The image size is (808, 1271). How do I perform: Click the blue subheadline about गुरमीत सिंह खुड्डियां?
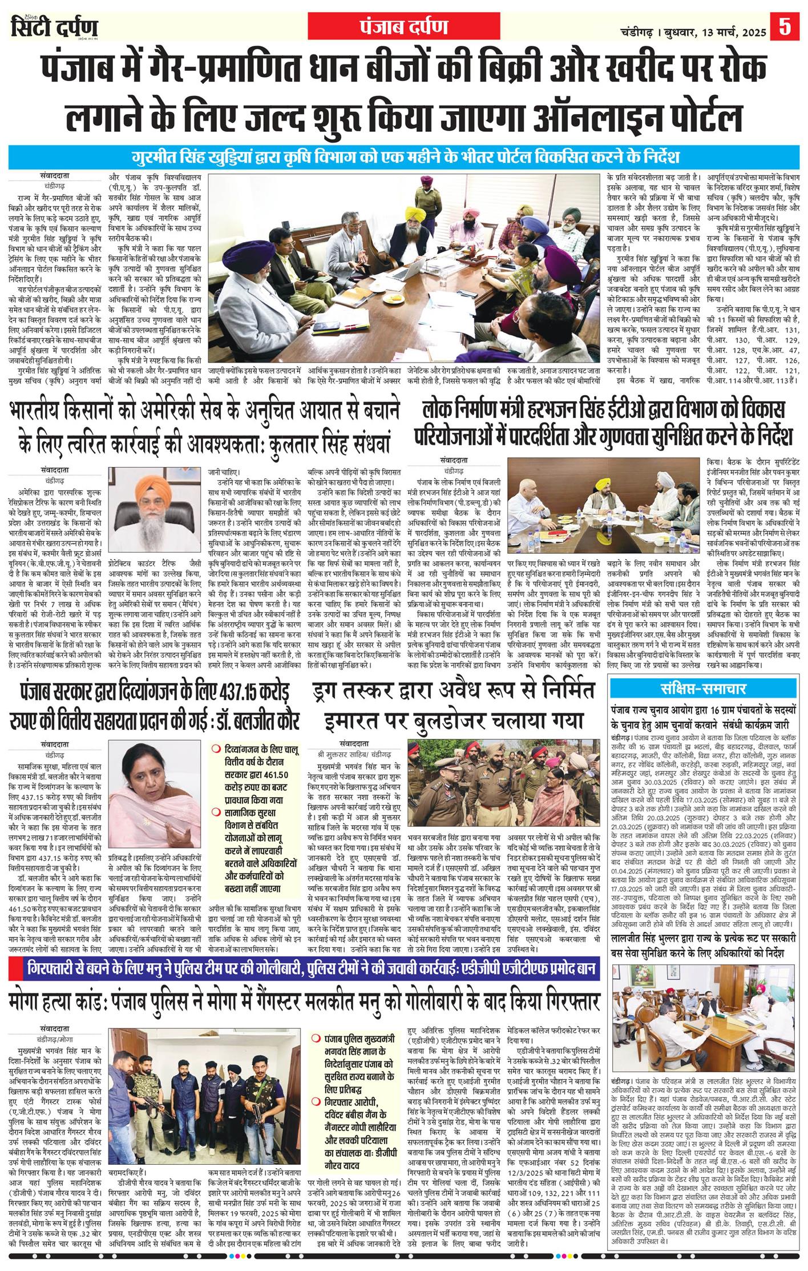pos(404,157)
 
